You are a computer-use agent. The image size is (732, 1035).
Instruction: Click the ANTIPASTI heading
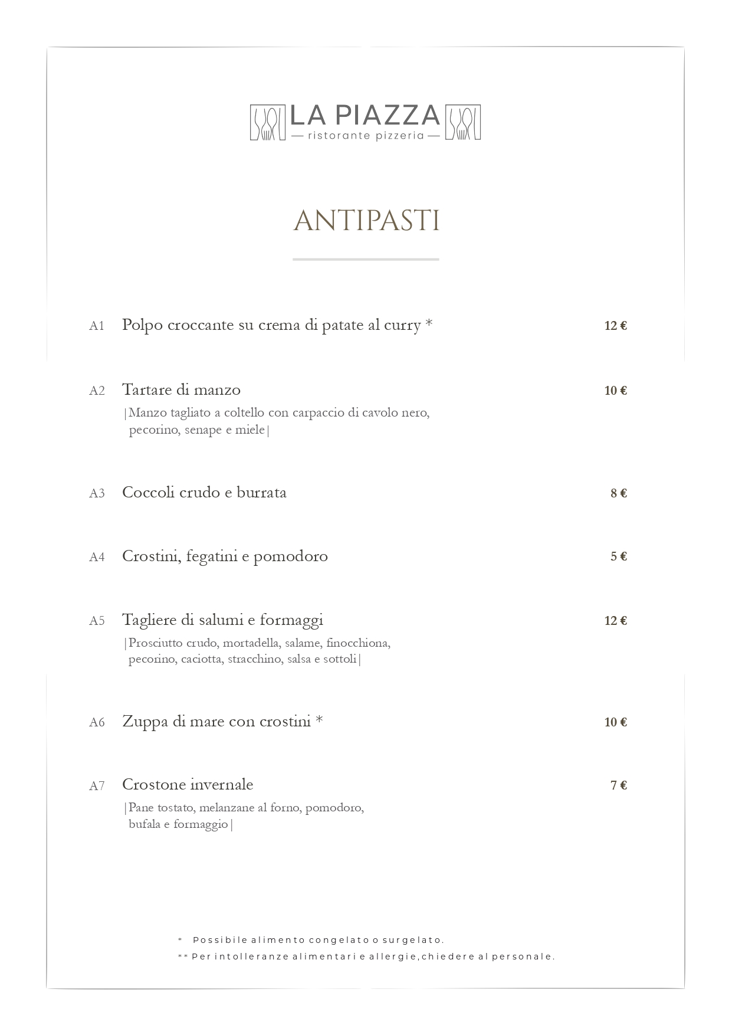(x=366, y=221)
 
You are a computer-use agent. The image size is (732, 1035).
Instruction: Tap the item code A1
(x=97, y=326)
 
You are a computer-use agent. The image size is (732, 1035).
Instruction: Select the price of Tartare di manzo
(x=615, y=391)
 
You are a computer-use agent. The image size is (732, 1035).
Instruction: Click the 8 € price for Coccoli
(x=618, y=493)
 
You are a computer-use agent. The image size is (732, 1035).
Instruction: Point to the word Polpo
(x=142, y=325)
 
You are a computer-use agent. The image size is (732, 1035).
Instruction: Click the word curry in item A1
(x=402, y=325)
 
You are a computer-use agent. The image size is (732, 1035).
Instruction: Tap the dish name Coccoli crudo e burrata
(x=204, y=493)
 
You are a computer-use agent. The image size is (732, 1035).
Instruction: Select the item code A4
(x=97, y=557)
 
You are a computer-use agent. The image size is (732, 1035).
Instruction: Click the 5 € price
(x=618, y=556)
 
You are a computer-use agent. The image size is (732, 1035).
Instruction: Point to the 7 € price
(x=618, y=785)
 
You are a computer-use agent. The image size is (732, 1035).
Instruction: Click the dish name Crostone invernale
(x=188, y=785)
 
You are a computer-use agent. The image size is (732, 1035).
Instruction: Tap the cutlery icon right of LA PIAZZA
(x=462, y=123)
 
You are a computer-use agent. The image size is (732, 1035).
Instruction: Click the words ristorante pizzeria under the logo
(x=366, y=136)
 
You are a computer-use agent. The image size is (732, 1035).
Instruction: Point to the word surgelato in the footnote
(x=413, y=940)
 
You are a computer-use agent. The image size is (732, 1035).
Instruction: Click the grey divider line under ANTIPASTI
(x=366, y=259)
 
